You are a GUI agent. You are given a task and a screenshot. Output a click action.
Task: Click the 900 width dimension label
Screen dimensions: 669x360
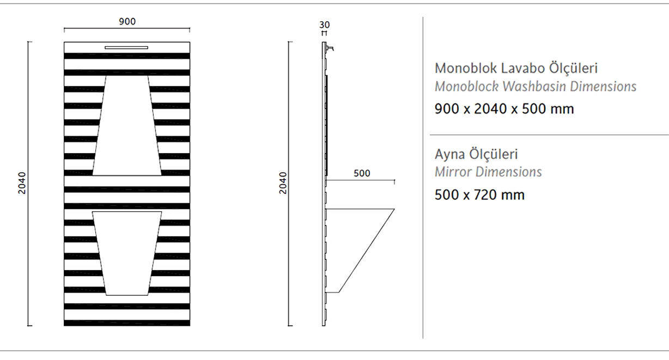pos(127,21)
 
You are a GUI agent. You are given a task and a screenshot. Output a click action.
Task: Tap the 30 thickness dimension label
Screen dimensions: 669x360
pos(324,25)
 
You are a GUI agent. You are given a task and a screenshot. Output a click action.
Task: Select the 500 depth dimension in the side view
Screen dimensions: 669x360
pos(362,173)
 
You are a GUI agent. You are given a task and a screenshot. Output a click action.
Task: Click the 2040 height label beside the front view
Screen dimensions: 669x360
pos(22,183)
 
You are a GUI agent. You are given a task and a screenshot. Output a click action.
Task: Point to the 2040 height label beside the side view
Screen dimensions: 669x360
pos(283,183)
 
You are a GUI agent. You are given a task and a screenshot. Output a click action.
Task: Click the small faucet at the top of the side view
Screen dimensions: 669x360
pos(330,48)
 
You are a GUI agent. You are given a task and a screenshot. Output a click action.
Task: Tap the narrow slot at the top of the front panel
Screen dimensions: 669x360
pos(126,47)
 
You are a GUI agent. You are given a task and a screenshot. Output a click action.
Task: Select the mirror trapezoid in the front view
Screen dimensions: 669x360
pos(127,125)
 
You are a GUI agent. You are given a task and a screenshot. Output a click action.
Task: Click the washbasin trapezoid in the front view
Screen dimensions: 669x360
pos(127,253)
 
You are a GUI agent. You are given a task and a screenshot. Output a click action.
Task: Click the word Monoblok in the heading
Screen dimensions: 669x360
pos(466,69)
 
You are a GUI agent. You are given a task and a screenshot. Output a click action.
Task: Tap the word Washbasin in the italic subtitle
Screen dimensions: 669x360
pos(534,87)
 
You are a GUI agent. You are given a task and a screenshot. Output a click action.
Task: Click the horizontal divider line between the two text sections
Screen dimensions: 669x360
pos(549,135)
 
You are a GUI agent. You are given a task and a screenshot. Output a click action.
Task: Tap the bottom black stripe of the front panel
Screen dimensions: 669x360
pos(127,323)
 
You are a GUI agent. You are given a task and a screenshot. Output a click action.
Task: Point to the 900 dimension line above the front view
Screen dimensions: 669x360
pos(127,28)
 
